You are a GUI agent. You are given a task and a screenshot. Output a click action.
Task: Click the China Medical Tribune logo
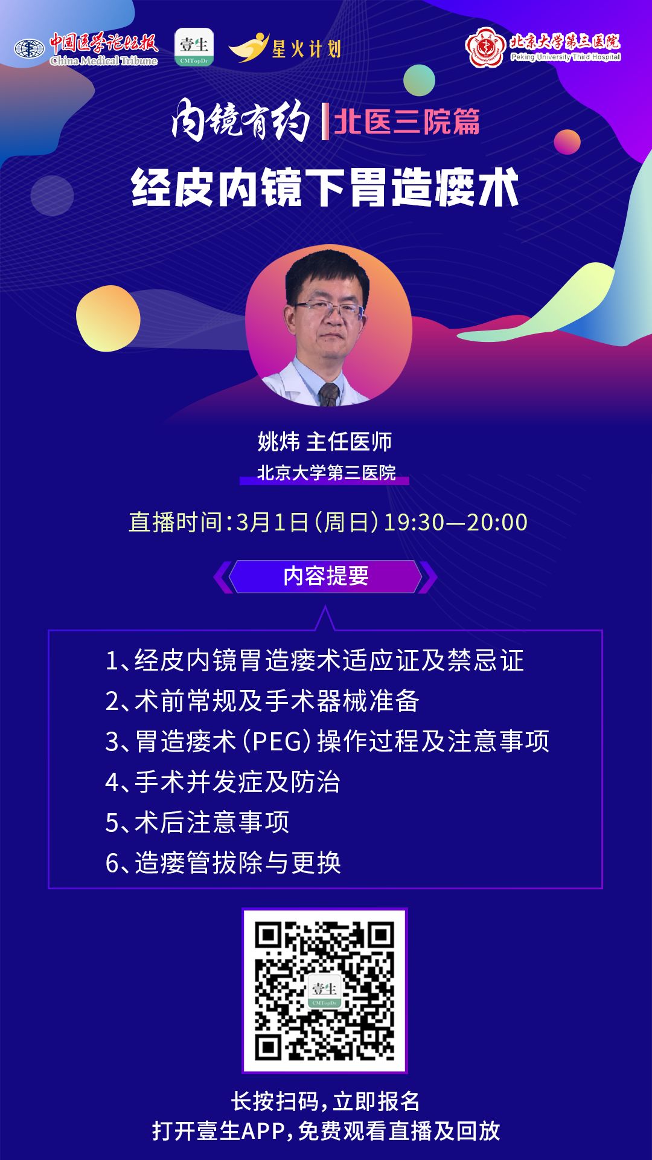point(86,48)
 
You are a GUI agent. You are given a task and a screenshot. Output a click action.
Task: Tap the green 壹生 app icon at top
point(194,47)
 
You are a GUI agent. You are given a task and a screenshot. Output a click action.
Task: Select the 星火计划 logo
point(285,47)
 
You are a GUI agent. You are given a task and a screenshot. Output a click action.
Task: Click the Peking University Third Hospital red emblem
point(485,47)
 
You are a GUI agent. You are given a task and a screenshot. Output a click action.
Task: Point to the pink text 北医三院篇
point(406,121)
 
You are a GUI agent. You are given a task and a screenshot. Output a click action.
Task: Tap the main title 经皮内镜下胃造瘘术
point(325,188)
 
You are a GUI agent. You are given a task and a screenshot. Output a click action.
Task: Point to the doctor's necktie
point(328,393)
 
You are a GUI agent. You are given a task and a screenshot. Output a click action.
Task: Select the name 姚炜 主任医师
point(325,442)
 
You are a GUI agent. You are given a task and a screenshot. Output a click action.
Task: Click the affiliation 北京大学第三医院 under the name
point(326,472)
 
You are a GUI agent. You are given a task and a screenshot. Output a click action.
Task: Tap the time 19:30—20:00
point(456,523)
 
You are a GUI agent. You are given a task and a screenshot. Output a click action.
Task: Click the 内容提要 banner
point(325,576)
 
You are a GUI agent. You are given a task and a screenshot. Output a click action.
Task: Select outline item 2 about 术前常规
point(262,701)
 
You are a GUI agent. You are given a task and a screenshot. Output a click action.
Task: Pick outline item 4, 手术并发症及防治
point(223,782)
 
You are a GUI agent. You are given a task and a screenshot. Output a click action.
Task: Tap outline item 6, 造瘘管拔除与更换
point(223,863)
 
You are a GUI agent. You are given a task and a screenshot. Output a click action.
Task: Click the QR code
point(325,991)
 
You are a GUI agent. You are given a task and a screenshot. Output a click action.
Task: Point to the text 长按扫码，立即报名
point(325,1101)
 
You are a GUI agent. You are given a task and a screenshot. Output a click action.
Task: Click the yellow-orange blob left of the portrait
point(108,318)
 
